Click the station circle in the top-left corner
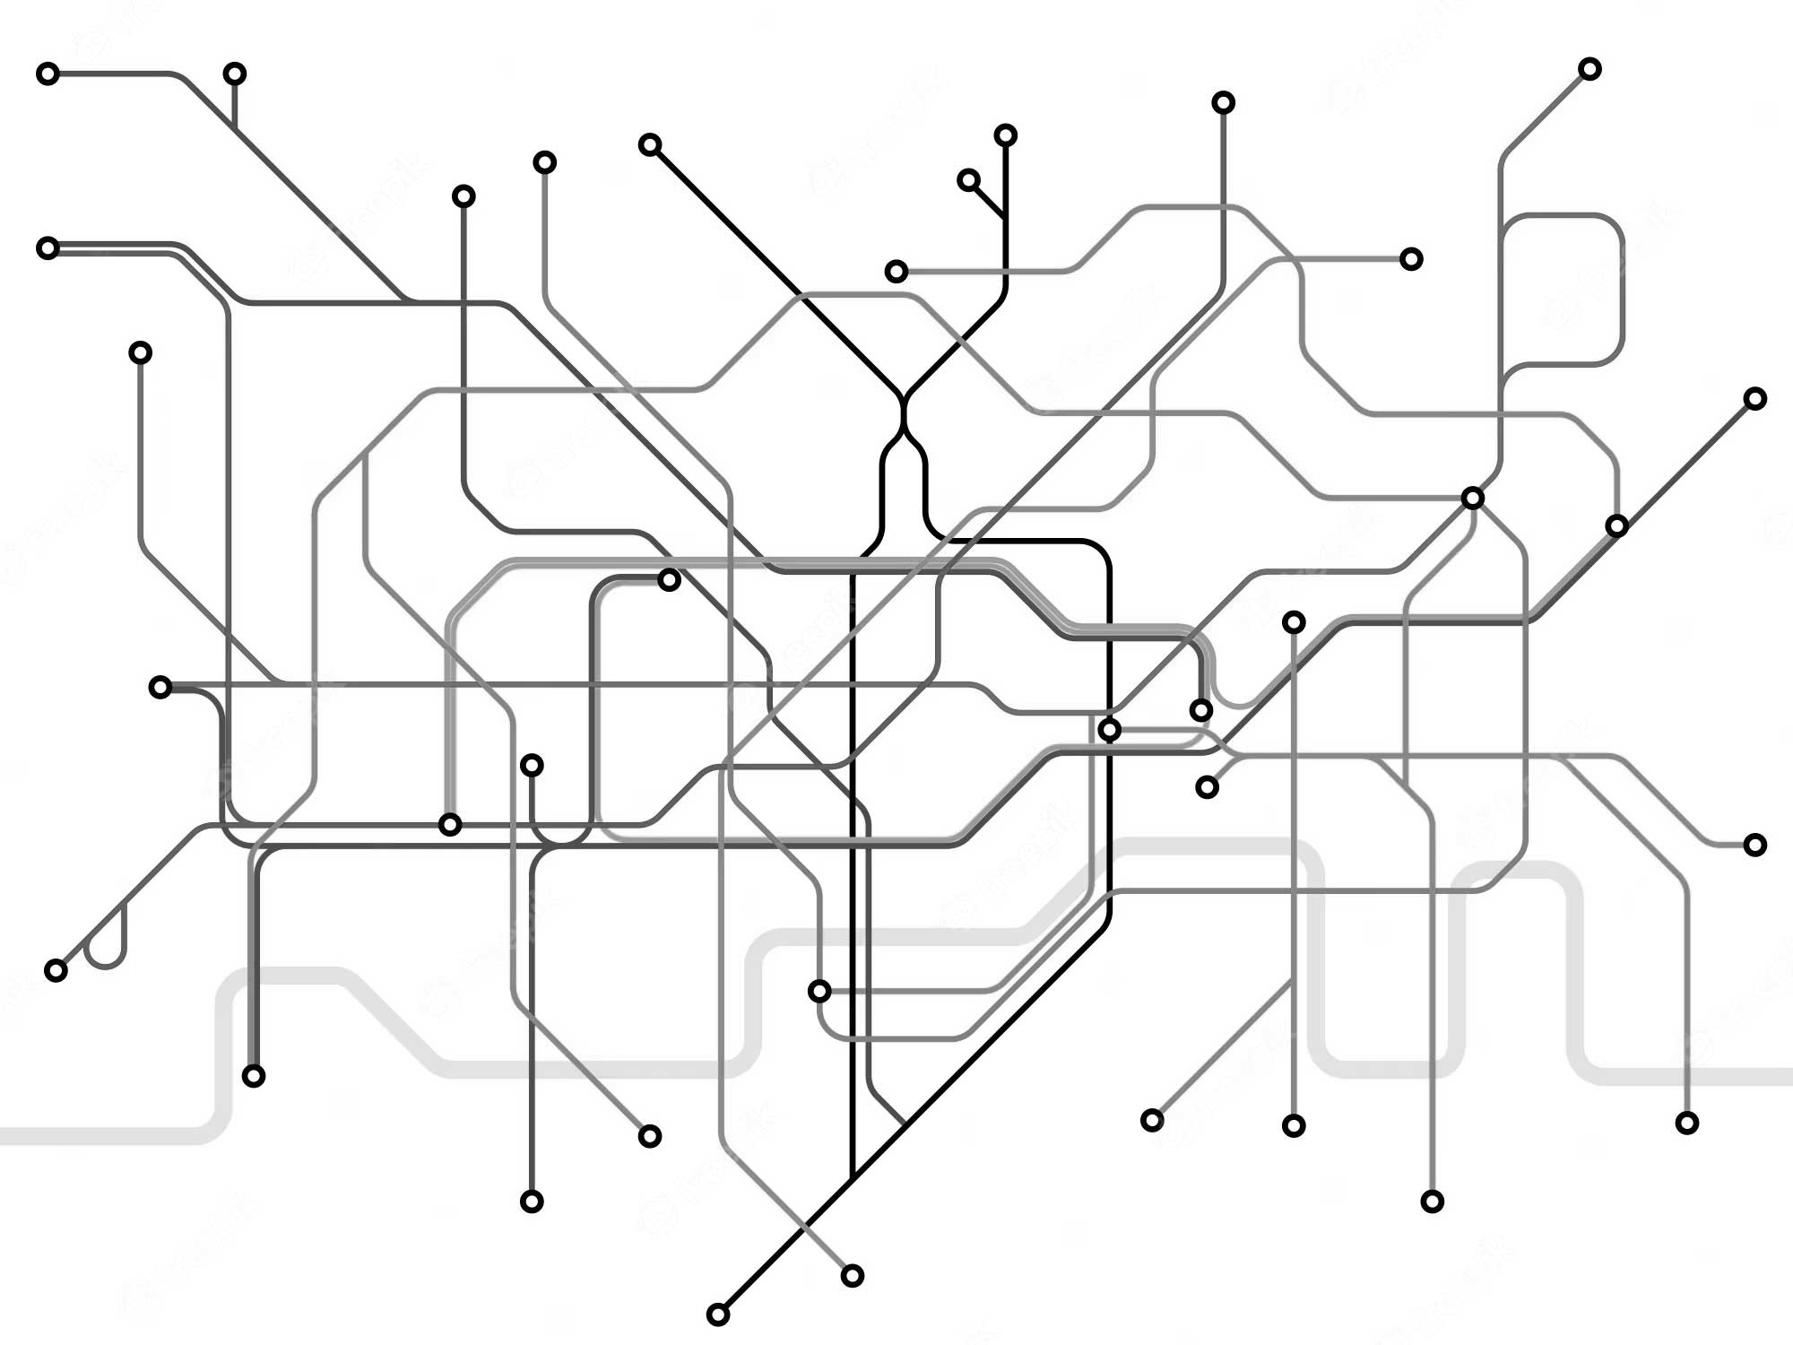48,74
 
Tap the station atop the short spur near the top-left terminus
235,74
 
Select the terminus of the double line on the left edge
48,247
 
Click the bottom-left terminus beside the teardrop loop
56,970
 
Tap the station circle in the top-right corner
1589,69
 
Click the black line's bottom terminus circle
718,1315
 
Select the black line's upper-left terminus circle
650,144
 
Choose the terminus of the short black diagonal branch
968,180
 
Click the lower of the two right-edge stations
1755,845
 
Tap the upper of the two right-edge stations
1755,398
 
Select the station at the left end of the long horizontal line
160,688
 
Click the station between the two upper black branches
896,271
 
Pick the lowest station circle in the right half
1433,1202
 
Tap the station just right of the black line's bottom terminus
853,1275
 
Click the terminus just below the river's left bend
254,1076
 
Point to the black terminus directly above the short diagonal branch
1006,135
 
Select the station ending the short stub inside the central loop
669,580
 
